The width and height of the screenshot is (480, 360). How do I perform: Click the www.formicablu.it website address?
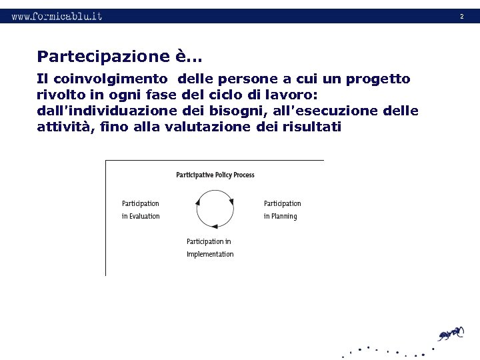coord(57,16)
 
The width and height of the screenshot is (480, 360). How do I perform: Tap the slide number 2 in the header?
coord(461,16)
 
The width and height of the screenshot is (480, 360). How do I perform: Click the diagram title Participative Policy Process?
coord(215,175)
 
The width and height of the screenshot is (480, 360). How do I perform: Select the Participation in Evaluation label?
coord(141,209)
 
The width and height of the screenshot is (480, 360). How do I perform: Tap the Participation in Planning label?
coord(282,209)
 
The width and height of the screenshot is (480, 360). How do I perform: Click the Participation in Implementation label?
coord(210,247)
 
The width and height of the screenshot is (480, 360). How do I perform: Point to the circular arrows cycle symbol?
coord(215,209)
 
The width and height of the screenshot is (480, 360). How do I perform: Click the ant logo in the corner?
coord(450,333)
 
